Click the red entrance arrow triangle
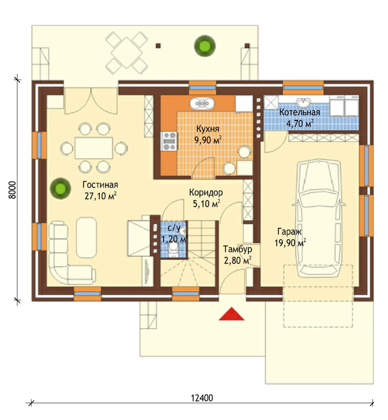point(232,315)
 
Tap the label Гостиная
point(100,185)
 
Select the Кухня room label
point(208,129)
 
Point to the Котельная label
point(300,112)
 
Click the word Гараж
point(290,231)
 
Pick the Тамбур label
point(237,249)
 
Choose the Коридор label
point(206,192)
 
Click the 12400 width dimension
point(202,398)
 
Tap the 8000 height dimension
point(13,190)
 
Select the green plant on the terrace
point(205,46)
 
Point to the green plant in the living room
point(61,188)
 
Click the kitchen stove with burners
point(169,141)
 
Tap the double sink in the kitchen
point(202,103)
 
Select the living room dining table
point(94,148)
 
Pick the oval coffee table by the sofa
point(86,237)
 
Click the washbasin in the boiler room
point(304,103)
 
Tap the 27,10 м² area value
point(100,196)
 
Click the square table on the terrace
point(126,52)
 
